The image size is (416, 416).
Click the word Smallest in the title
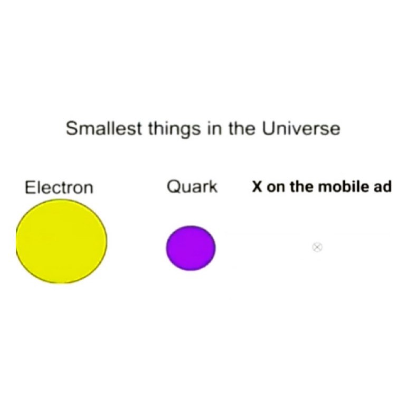click(x=103, y=128)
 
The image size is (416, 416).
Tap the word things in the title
click(x=174, y=130)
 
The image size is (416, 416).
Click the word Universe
click(x=301, y=128)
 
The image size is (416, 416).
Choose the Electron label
click(x=59, y=187)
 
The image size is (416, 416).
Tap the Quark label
click(x=192, y=186)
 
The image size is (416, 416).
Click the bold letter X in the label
click(x=257, y=186)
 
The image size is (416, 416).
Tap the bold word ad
click(x=382, y=186)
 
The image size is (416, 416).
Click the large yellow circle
click(x=62, y=241)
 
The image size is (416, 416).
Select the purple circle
click(x=191, y=248)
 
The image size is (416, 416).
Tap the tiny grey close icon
click(x=317, y=247)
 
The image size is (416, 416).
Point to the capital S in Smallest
click(x=72, y=128)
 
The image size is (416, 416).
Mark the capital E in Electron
click(x=30, y=187)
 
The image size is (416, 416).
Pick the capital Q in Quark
click(x=173, y=186)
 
